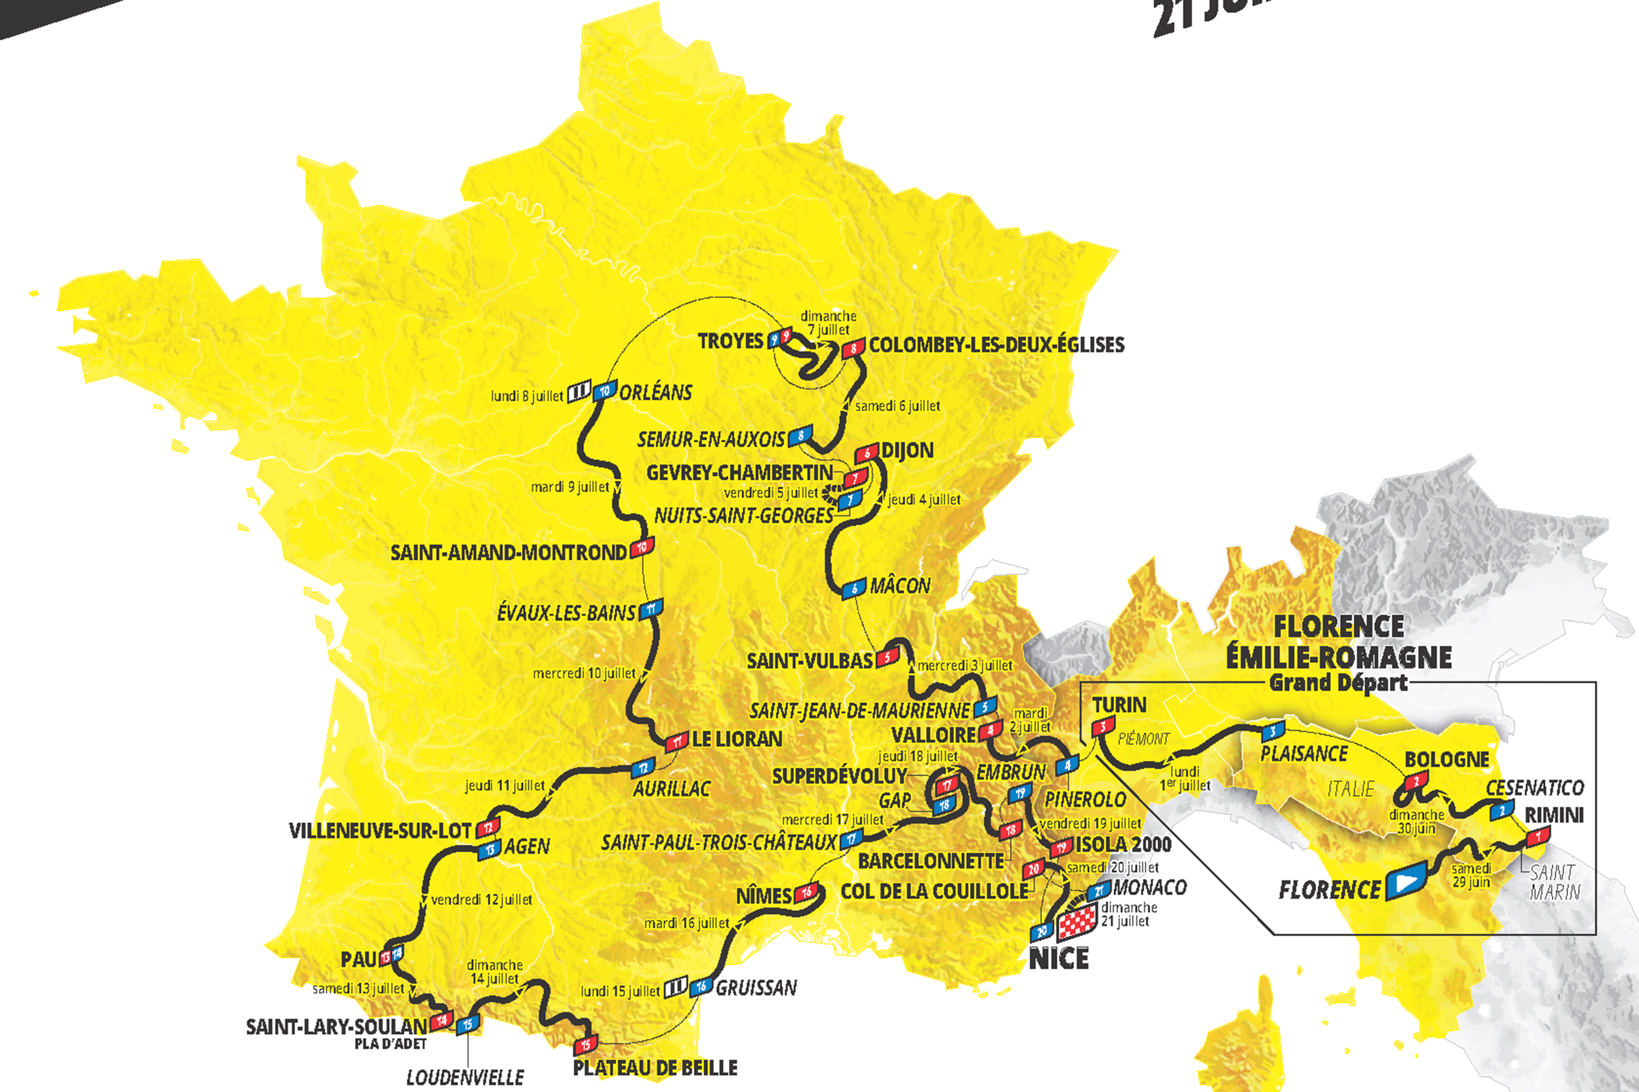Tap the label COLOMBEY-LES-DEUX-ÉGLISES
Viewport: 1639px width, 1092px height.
tap(996, 345)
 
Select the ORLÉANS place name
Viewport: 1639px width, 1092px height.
tap(656, 393)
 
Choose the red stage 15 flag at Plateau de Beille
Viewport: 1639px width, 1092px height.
tap(585, 1045)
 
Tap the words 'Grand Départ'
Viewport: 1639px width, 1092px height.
tap(1338, 682)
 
